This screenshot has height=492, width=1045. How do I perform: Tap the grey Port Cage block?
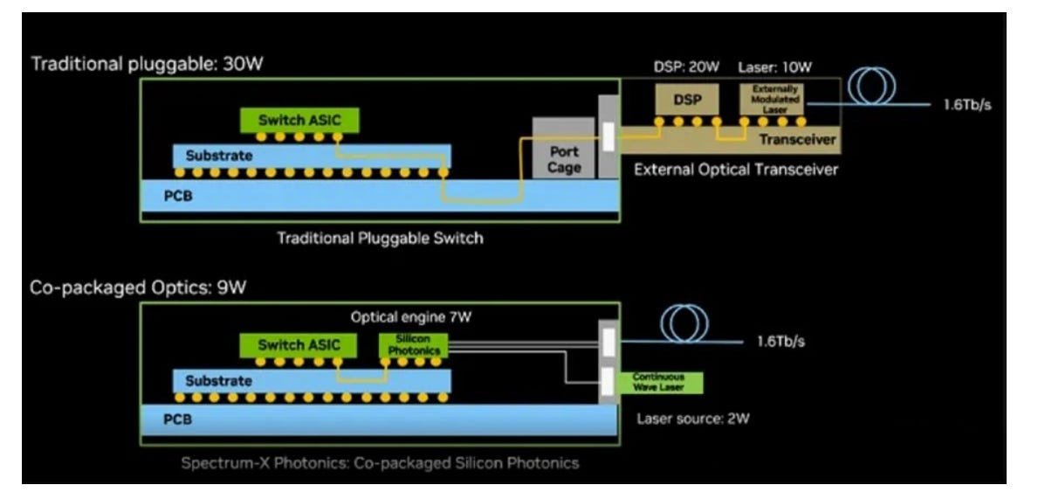(x=564, y=158)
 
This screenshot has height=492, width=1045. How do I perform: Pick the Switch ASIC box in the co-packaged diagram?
(x=299, y=345)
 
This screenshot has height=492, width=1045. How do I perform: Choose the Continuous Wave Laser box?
(x=659, y=382)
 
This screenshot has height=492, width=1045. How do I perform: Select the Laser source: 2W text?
(x=693, y=418)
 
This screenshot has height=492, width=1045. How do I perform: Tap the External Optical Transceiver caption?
(x=735, y=170)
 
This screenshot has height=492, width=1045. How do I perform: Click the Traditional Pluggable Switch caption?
(x=379, y=238)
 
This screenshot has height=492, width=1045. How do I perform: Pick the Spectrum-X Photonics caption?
(x=379, y=462)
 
